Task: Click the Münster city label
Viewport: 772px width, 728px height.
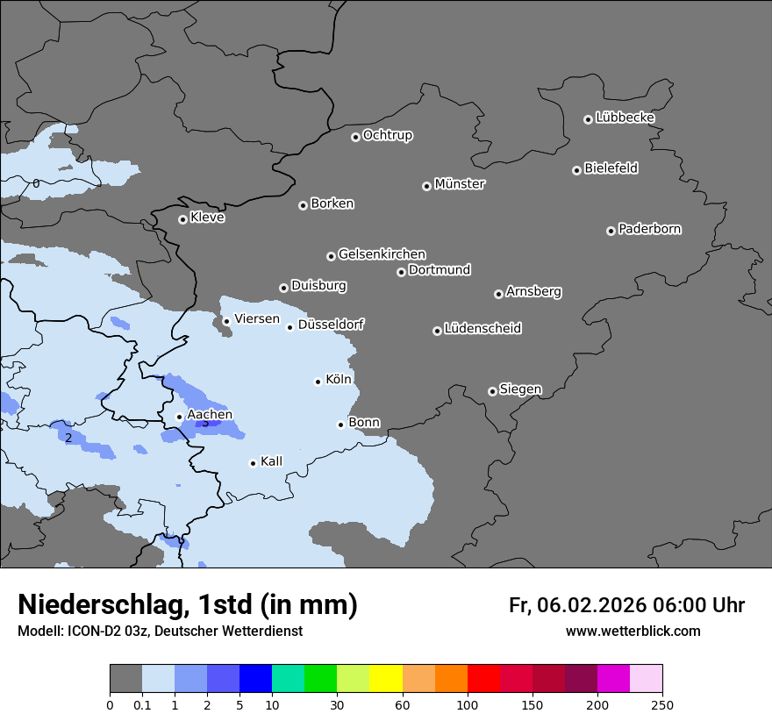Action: [460, 184]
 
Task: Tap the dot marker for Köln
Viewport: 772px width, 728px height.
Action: [318, 382]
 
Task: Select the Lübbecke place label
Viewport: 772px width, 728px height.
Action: [625, 118]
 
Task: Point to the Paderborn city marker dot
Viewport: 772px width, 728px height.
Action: [611, 231]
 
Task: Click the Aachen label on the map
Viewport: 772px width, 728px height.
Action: [210, 414]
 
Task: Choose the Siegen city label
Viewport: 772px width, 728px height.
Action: [520, 389]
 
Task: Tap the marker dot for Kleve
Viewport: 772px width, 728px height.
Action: [182, 219]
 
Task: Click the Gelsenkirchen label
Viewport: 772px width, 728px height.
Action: [382, 254]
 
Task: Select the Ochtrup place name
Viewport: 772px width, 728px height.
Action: [388, 135]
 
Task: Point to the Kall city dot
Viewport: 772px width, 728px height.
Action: [253, 463]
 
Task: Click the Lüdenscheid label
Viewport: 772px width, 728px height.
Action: [482, 329]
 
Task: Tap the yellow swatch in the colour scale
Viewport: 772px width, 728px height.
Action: [386, 679]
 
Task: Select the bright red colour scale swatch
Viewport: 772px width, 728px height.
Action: [483, 679]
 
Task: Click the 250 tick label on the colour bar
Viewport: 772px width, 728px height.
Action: [661, 704]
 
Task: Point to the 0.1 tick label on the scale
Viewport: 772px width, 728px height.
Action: [142, 704]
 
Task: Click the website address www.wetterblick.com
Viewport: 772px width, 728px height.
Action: [633, 632]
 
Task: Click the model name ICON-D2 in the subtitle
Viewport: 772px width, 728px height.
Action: [93, 632]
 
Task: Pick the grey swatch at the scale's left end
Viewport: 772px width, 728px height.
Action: [125, 679]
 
